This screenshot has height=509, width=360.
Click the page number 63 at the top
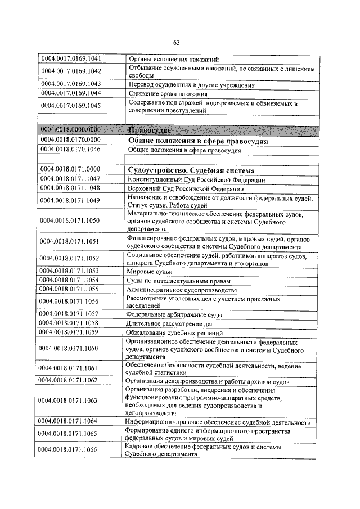pyautogui.click(x=176, y=43)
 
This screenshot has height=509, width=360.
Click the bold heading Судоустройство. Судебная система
pyautogui.click(x=192, y=170)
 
